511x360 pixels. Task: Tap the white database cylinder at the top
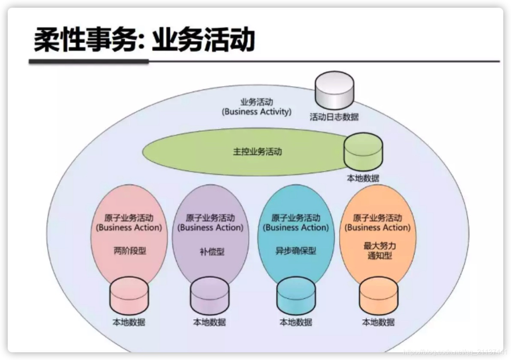(x=334, y=90)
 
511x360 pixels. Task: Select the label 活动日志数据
(x=334, y=117)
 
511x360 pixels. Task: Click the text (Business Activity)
(x=256, y=112)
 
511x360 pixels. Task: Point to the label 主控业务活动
(x=257, y=152)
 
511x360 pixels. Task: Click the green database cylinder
(x=363, y=152)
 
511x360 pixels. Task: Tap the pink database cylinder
(x=129, y=296)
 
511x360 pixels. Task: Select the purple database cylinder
(x=209, y=296)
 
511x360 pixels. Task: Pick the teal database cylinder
(x=296, y=296)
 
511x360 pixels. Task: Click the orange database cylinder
(x=378, y=296)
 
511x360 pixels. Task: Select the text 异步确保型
(x=295, y=251)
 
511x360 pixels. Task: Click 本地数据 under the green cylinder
(x=363, y=178)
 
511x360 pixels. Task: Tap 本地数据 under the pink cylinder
(x=129, y=322)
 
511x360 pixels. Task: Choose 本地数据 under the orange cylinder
(x=378, y=322)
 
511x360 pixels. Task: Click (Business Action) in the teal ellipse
(x=296, y=228)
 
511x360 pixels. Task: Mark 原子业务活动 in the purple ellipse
(x=210, y=218)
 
